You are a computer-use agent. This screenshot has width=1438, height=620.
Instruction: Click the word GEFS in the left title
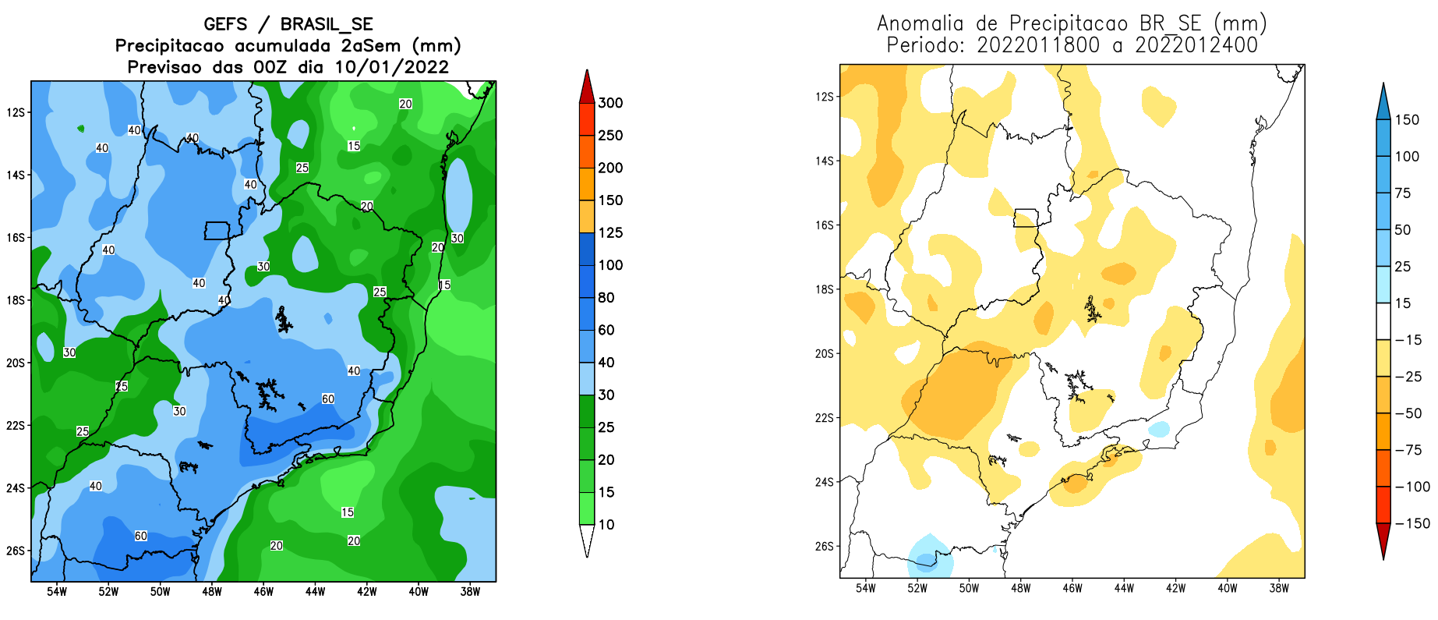[225, 24]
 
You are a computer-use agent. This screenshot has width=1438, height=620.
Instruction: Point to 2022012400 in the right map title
[1196, 45]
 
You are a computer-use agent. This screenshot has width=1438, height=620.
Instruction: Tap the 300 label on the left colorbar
[610, 103]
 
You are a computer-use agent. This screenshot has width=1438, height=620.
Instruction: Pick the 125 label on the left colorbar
[610, 232]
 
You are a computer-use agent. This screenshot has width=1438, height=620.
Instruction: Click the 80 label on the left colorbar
[606, 297]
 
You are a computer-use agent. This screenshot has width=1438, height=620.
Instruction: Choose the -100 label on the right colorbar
[1412, 487]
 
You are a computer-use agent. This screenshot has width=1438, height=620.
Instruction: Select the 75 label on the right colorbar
[1402, 193]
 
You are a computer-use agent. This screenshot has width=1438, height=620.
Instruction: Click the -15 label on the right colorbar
[1408, 340]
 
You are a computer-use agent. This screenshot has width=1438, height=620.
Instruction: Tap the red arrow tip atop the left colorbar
[587, 84]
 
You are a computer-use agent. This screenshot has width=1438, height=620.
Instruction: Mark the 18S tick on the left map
[16, 300]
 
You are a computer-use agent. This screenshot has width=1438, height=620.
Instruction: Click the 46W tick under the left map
[263, 592]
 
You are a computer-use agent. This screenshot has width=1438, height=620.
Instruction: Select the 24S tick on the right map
[824, 482]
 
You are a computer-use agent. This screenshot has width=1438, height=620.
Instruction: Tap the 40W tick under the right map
[1227, 588]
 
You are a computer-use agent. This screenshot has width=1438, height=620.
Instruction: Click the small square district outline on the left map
[217, 231]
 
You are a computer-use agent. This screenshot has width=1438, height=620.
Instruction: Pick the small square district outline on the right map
[1026, 218]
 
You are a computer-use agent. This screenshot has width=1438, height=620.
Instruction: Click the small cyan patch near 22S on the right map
[1159, 429]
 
